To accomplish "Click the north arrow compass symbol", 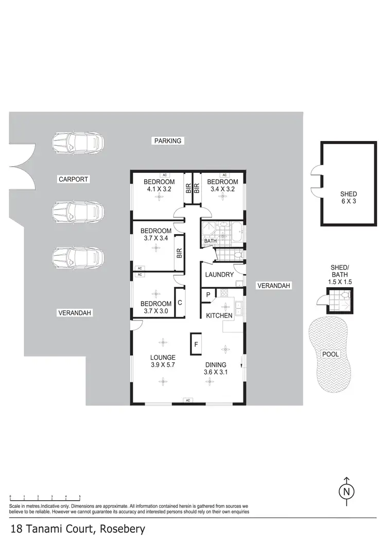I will pyautogui.click(x=346, y=490).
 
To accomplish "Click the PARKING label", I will pyautogui.click(x=168, y=140).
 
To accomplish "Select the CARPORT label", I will pyautogui.click(x=73, y=180).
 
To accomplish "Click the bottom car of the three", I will pyautogui.click(x=78, y=257).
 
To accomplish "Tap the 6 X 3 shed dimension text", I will pyautogui.click(x=348, y=201).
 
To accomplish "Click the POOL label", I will pyautogui.click(x=330, y=355).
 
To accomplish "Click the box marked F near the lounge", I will pyautogui.click(x=196, y=344).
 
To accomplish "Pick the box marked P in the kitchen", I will pyautogui.click(x=208, y=295).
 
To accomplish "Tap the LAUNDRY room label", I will pyautogui.click(x=219, y=275).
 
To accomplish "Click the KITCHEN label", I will pyautogui.click(x=220, y=315).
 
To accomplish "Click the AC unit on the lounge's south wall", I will pyautogui.click(x=188, y=400).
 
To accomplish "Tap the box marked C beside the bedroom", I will pyautogui.click(x=180, y=303).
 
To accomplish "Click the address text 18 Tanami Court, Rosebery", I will pyautogui.click(x=77, y=529).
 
